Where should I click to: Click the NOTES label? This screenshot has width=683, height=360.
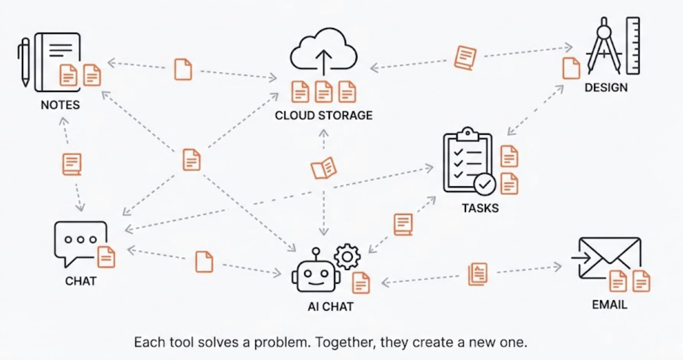tap(60, 105)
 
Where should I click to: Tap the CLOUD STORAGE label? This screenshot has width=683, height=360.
tap(324, 115)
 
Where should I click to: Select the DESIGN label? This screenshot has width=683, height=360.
tap(606, 88)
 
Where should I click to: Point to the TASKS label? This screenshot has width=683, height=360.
tap(480, 208)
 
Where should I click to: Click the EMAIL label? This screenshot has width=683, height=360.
tap(610, 305)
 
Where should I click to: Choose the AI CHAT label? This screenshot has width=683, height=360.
tap(331, 306)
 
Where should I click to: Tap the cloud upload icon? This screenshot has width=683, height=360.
tap(324, 52)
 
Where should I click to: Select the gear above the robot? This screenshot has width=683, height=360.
tap(347, 257)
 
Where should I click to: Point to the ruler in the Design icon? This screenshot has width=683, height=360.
tap(633, 46)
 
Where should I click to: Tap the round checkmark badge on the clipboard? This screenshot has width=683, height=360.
tap(485, 185)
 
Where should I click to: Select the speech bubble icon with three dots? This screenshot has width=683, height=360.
tap(80, 241)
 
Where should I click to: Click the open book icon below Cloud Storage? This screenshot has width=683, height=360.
tap(324, 168)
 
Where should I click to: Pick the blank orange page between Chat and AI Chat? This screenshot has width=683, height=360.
tap(204, 262)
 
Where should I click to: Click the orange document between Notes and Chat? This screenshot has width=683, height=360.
tap(72, 164)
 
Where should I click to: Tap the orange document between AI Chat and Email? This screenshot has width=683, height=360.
tap(478, 274)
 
